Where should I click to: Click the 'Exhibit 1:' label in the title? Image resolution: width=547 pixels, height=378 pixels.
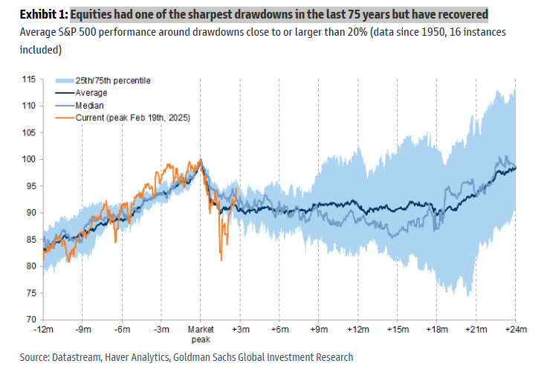point(35,15)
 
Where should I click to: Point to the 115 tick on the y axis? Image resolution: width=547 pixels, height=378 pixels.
point(29,79)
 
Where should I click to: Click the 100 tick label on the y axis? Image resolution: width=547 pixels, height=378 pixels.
point(29,159)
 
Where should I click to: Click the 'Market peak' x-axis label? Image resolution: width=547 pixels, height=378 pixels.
point(201,333)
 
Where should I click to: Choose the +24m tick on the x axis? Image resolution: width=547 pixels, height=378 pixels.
point(516,329)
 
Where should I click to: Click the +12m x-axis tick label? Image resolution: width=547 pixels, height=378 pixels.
point(358,329)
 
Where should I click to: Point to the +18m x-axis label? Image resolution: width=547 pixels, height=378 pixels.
point(437,329)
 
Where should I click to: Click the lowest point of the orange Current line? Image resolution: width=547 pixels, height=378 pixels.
point(221,260)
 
